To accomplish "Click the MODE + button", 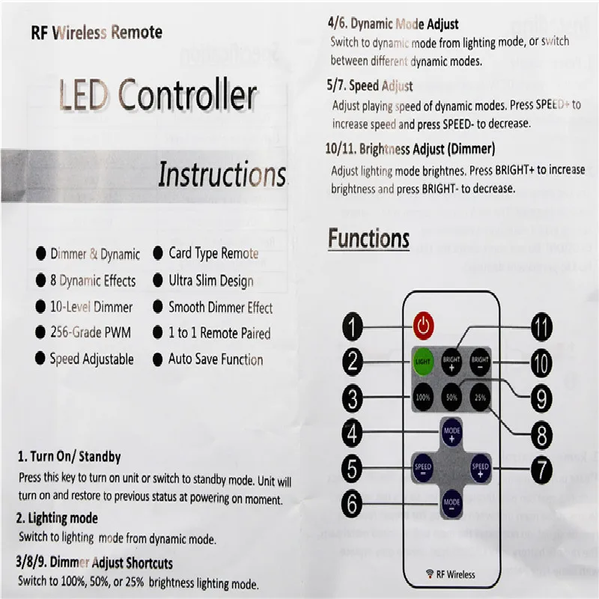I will click(x=451, y=434).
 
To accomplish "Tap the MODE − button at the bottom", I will click(x=451, y=502).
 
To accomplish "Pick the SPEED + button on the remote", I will click(x=480, y=469).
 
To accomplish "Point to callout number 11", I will click(x=541, y=326).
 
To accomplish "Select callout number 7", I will click(x=541, y=469).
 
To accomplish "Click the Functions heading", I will click(x=368, y=239).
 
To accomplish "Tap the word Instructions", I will click(x=222, y=174).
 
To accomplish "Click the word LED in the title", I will click(x=83, y=97).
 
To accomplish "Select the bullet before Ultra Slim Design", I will click(x=157, y=281).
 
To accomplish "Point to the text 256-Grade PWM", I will click(x=92, y=333).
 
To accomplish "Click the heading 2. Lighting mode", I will click(x=58, y=518).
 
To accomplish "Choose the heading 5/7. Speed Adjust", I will click(x=369, y=86).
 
